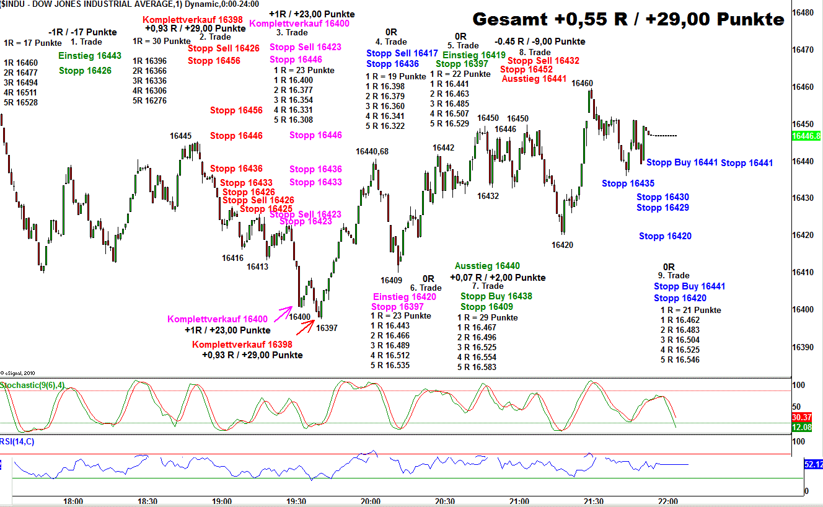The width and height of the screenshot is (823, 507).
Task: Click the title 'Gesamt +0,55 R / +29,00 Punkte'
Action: click(x=628, y=19)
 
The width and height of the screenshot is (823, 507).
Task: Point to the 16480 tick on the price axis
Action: click(x=805, y=12)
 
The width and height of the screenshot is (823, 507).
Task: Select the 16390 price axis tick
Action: click(x=805, y=347)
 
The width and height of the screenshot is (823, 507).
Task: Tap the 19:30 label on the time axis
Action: click(x=296, y=501)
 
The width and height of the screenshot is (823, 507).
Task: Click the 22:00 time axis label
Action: click(x=667, y=501)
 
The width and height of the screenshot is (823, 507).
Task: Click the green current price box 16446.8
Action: click(x=807, y=136)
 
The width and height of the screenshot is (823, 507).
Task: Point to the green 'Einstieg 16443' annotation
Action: click(x=90, y=56)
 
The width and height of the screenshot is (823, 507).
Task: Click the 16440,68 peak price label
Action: click(x=372, y=151)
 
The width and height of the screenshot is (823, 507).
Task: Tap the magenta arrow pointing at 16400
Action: click(x=285, y=311)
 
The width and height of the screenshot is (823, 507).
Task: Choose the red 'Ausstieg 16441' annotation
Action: click(x=534, y=79)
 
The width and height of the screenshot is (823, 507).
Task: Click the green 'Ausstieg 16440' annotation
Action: click(x=487, y=266)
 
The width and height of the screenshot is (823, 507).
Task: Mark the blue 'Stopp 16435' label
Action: click(x=628, y=183)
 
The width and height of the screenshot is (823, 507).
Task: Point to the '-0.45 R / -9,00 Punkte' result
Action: click(x=540, y=42)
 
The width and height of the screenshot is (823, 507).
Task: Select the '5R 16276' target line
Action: click(x=149, y=101)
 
